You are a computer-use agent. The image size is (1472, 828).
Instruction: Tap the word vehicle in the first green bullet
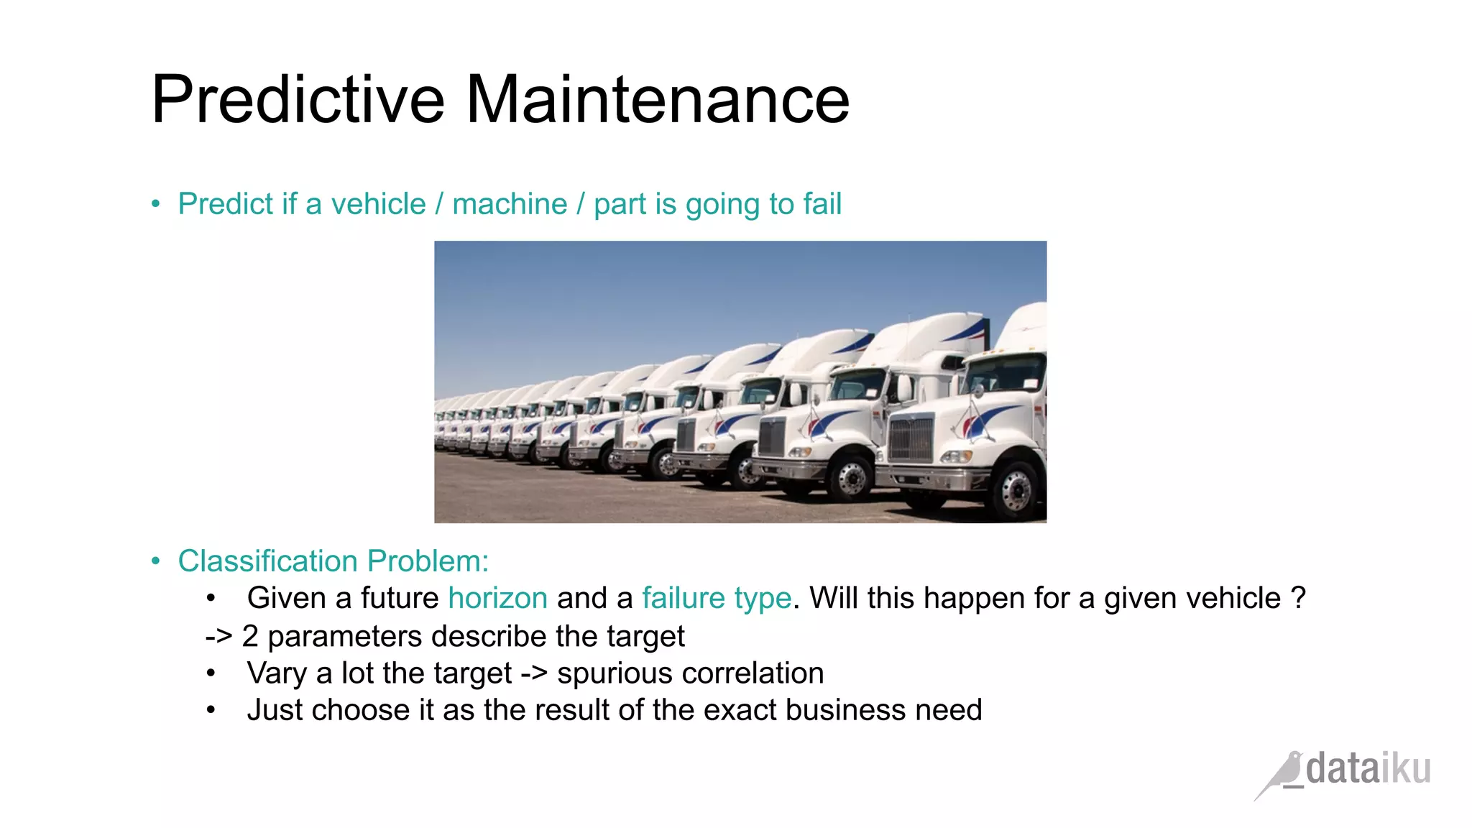point(378,204)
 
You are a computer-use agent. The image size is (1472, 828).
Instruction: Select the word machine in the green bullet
point(510,204)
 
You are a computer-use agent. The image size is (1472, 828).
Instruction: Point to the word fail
point(822,204)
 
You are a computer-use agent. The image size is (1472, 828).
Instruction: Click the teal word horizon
point(498,599)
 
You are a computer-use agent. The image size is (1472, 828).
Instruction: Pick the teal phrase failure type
point(716,599)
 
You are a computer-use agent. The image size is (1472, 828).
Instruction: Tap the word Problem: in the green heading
point(428,561)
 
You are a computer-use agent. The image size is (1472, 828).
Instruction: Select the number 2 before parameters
point(250,637)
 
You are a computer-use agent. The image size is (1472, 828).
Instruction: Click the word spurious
point(614,673)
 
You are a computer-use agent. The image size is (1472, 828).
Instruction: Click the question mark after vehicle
point(1298,599)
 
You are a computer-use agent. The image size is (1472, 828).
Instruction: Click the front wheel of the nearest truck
point(1016,489)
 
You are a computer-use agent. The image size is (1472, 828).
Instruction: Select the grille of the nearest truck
point(911,438)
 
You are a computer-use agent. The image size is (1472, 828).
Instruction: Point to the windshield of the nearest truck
point(1005,374)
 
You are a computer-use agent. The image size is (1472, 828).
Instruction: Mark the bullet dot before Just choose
point(211,710)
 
